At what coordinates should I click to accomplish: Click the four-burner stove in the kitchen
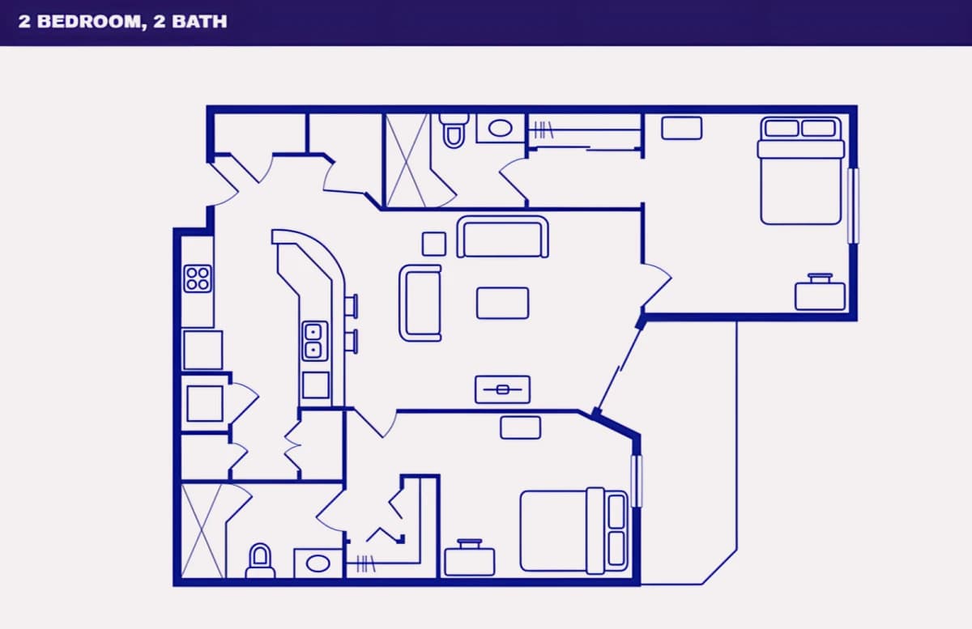click(198, 278)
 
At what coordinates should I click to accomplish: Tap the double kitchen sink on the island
click(314, 341)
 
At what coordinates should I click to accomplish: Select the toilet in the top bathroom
click(454, 130)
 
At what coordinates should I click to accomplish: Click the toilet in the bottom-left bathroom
click(260, 561)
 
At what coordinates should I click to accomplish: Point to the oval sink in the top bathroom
click(500, 128)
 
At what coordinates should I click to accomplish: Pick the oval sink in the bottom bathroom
click(318, 563)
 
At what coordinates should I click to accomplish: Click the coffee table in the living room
click(502, 304)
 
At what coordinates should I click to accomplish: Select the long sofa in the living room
click(502, 237)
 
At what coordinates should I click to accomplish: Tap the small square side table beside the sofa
click(434, 244)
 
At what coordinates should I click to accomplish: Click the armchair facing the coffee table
click(420, 303)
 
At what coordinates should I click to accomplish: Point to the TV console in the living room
click(502, 389)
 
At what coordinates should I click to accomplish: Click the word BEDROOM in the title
click(89, 22)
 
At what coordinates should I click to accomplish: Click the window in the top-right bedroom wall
click(853, 206)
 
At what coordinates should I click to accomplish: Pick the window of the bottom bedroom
click(636, 481)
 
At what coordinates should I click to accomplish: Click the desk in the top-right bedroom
click(820, 294)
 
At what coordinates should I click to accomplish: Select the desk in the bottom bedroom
click(470, 559)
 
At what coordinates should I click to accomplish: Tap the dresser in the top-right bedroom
click(682, 128)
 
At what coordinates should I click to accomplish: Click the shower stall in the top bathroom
click(407, 160)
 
